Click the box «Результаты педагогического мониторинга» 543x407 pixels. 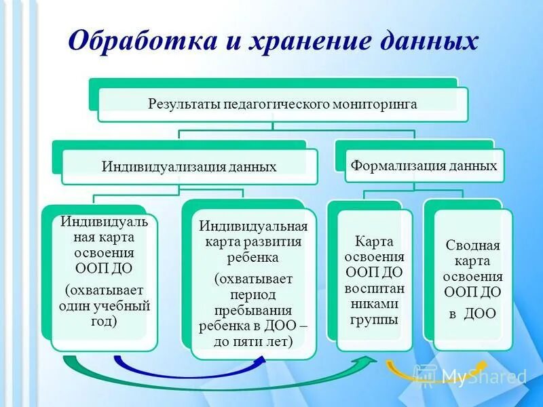282,104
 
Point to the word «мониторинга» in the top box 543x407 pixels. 374,104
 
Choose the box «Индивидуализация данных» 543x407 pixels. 189,167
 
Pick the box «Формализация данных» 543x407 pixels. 424,166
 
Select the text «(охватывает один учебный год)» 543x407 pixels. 104,305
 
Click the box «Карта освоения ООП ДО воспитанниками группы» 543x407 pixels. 375,279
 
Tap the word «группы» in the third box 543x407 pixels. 375,319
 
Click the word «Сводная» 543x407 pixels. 472,245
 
